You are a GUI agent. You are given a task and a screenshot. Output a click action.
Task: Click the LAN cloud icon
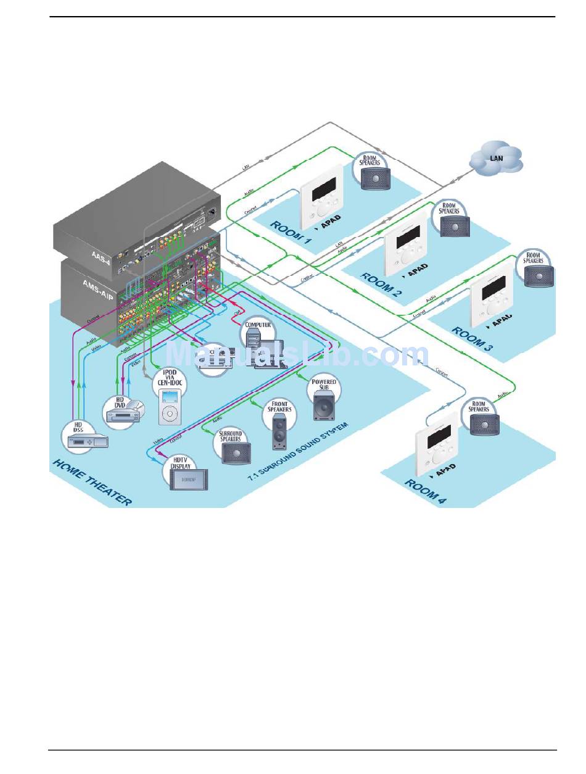pos(496,159)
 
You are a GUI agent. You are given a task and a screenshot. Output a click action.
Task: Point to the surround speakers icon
pos(235,452)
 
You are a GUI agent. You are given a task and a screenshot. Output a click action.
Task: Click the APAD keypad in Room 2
pos(406,246)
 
